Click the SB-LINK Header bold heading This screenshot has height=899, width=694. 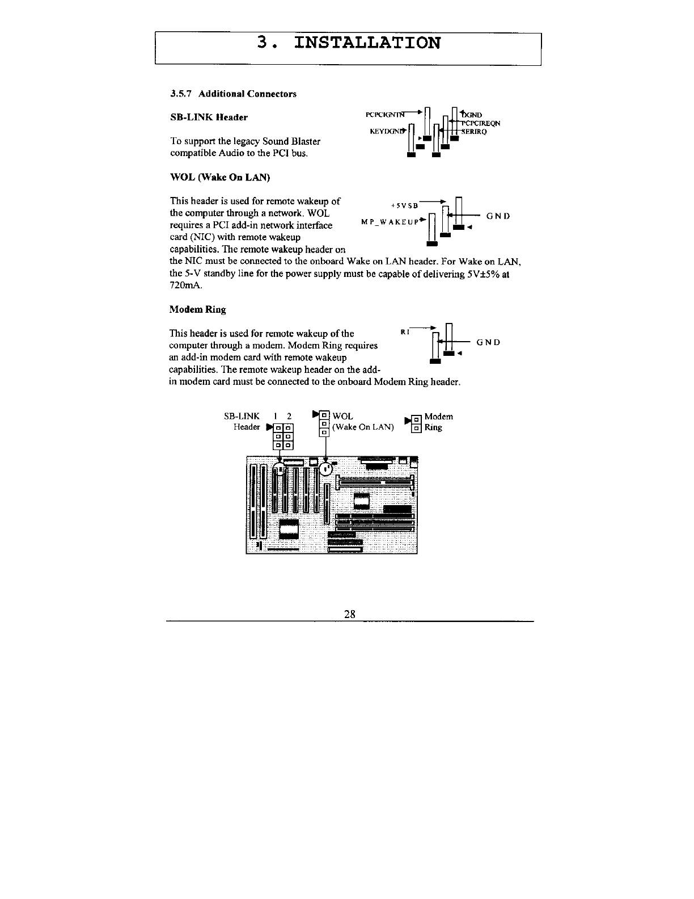coord(209,117)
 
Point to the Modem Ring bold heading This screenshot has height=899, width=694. coord(197,309)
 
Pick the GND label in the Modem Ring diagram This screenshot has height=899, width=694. coord(488,342)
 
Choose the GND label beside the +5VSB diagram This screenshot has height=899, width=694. coord(498,216)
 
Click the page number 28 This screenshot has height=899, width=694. coord(349,614)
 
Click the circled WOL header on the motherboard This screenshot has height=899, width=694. coord(326,469)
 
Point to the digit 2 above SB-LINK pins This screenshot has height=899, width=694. coord(289,417)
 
